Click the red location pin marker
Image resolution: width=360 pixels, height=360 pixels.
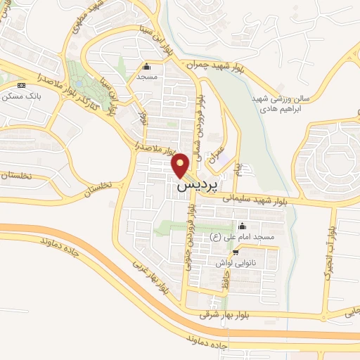[181, 165]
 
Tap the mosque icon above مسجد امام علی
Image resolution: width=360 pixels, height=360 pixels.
[242, 226]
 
